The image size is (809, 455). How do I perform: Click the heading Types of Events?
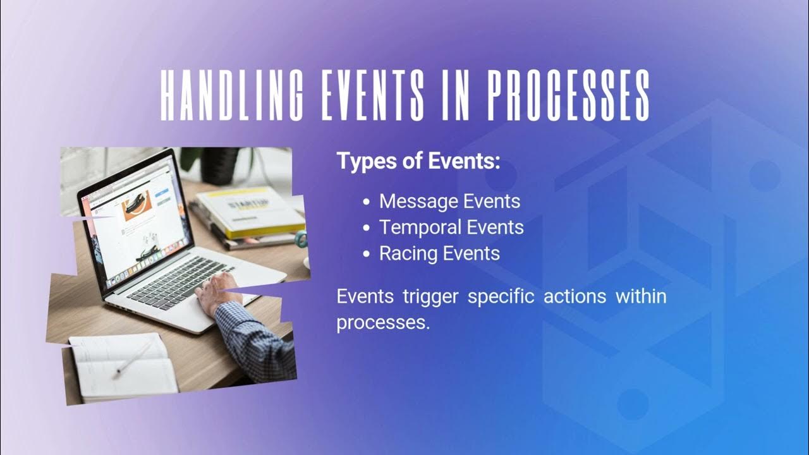click(418, 161)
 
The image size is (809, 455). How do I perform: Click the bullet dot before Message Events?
click(367, 202)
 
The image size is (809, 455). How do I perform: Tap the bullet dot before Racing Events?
click(367, 254)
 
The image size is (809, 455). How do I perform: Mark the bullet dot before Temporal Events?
click(367, 228)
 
